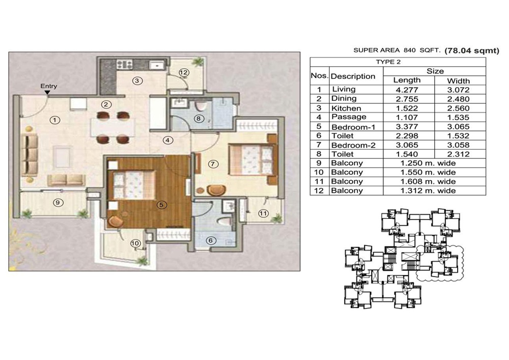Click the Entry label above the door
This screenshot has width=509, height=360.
pos(49,86)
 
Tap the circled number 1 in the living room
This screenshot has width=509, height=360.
pos(55,120)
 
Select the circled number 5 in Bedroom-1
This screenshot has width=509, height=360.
pos(161,205)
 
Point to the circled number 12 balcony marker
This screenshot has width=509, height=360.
pos(184,72)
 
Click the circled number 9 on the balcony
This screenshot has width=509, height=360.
pos(58,203)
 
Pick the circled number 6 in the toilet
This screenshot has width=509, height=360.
pos(211,240)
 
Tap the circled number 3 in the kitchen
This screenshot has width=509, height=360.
pos(137,80)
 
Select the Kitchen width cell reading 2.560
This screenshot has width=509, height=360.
pos(459,108)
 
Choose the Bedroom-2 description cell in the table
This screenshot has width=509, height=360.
pos(353,145)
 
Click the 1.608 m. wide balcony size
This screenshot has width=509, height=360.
pos(428,181)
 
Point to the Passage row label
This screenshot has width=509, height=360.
pos(349,117)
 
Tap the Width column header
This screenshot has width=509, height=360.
pos(459,81)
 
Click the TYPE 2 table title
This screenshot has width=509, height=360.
pos(388,62)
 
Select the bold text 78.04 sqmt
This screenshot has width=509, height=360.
pos(472,50)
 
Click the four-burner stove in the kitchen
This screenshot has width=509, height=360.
pos(125,64)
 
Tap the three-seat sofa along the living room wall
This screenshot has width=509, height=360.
pos(30,155)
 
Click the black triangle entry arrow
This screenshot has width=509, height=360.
pos(47,93)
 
